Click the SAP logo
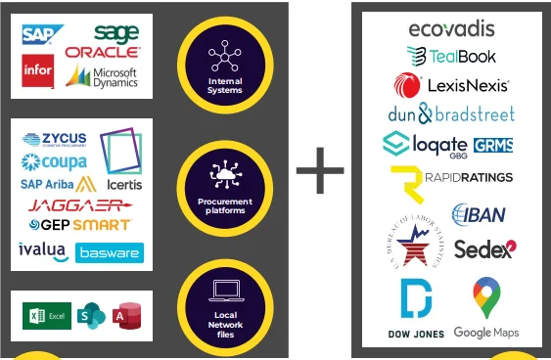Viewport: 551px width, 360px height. [x=42, y=37]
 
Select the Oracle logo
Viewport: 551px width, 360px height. [x=102, y=52]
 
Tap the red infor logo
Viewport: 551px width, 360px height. [x=37, y=70]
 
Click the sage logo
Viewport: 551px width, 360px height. [x=116, y=33]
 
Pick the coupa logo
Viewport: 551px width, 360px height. [x=54, y=160]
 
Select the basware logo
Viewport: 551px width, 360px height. [x=110, y=252]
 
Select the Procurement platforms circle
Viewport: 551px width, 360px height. [x=224, y=183]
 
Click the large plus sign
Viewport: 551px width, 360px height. [x=320, y=172]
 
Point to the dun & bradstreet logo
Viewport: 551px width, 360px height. [x=451, y=113]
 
